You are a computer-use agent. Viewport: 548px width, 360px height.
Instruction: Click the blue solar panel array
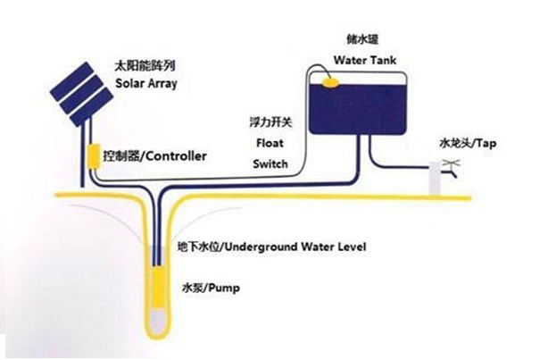pos(82,94)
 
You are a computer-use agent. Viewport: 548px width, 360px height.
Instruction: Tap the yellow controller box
pos(94,156)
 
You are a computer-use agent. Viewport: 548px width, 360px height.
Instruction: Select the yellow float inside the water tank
pos(330,82)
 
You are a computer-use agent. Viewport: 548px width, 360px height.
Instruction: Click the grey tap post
pos(435,178)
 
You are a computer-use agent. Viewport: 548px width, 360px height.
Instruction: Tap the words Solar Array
pos(146,84)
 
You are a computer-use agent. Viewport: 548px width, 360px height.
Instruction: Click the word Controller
pos(176,156)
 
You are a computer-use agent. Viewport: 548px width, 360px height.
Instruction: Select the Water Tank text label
pos(365,60)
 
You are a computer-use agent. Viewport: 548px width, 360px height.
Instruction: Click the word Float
pos(270,143)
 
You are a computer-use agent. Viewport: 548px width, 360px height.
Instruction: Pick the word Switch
pos(270,163)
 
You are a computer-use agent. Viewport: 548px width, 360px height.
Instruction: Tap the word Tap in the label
pos(486,144)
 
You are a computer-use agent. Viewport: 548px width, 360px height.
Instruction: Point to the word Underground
pos(261,247)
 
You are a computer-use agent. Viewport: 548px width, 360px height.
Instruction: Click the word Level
pos(352,247)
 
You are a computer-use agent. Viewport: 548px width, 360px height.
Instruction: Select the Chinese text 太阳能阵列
pos(145,66)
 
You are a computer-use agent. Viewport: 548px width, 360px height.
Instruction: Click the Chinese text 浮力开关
pos(270,122)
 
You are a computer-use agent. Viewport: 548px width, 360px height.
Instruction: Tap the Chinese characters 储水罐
pos(362,39)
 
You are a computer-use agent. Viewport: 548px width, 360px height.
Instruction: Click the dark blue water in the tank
pos(358,108)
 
